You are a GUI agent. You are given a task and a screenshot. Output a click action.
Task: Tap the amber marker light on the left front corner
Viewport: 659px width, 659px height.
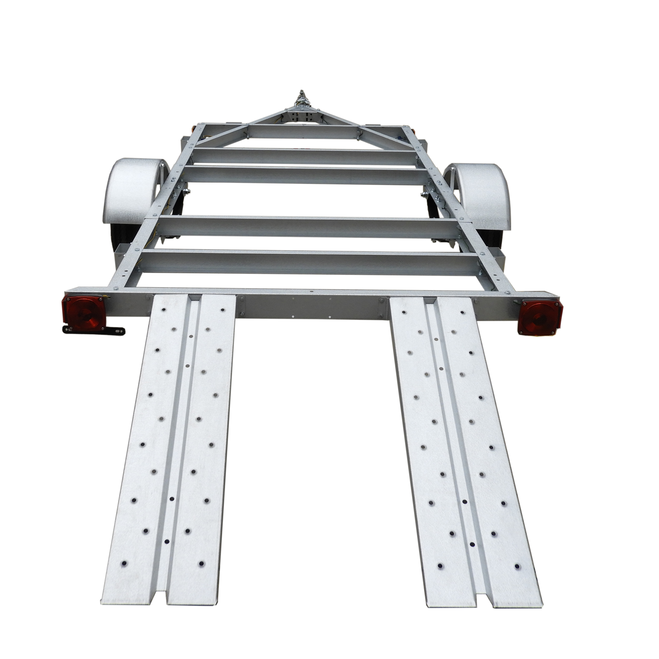(x=193, y=129)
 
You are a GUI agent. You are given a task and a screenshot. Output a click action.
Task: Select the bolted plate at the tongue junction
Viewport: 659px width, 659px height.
(x=303, y=115)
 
